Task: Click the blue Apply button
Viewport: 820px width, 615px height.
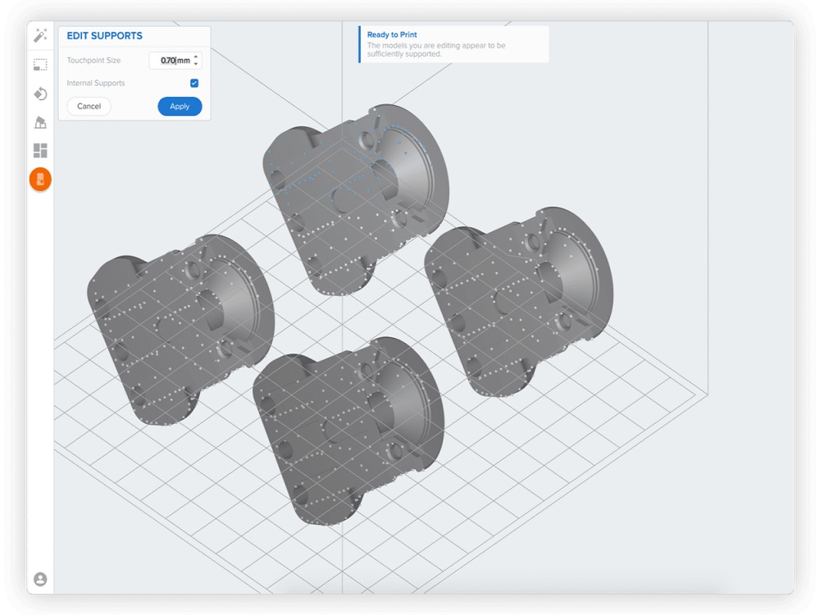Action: pos(180,107)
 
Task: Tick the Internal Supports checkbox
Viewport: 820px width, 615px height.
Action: pos(194,84)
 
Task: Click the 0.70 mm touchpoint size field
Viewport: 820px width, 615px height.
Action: pos(171,61)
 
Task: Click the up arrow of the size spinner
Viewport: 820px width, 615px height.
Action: pos(196,57)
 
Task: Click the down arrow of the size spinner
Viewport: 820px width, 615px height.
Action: pos(196,65)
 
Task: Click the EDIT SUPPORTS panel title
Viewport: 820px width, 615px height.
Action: pos(104,36)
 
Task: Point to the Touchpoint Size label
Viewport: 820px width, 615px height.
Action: pos(93,61)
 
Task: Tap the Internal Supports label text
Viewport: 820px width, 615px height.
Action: pos(96,84)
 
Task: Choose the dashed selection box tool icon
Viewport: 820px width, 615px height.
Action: pos(40,65)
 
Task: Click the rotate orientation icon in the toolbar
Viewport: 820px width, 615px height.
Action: pos(40,93)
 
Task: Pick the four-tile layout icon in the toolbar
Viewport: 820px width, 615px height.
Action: pos(40,151)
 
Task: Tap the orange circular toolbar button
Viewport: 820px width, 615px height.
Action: pos(40,180)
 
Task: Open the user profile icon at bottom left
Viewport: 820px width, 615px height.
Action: pos(40,579)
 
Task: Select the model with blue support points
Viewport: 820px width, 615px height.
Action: pos(353,197)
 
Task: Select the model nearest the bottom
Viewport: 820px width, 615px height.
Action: pos(344,426)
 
